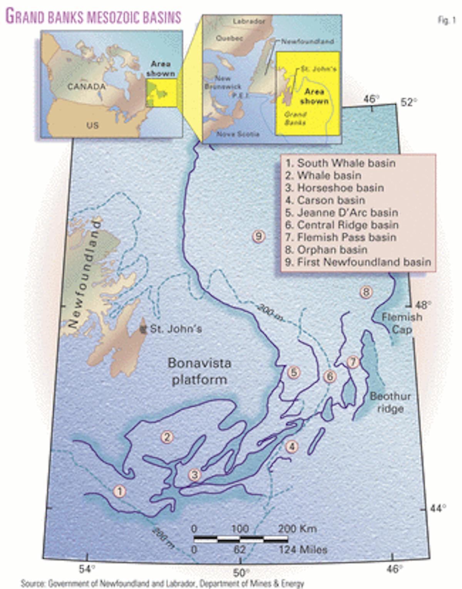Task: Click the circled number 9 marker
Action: (258, 236)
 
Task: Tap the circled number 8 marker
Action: (366, 292)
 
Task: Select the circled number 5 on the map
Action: (293, 372)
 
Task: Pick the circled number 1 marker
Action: (120, 491)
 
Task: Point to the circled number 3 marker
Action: (195, 475)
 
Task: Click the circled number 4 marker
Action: (292, 446)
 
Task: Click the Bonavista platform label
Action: (199, 371)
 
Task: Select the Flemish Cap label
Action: (402, 323)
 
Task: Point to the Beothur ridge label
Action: (390, 402)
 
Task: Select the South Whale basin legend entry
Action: (340, 163)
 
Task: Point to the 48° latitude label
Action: (423, 305)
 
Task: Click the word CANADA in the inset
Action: (87, 87)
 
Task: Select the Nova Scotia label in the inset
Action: (238, 134)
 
